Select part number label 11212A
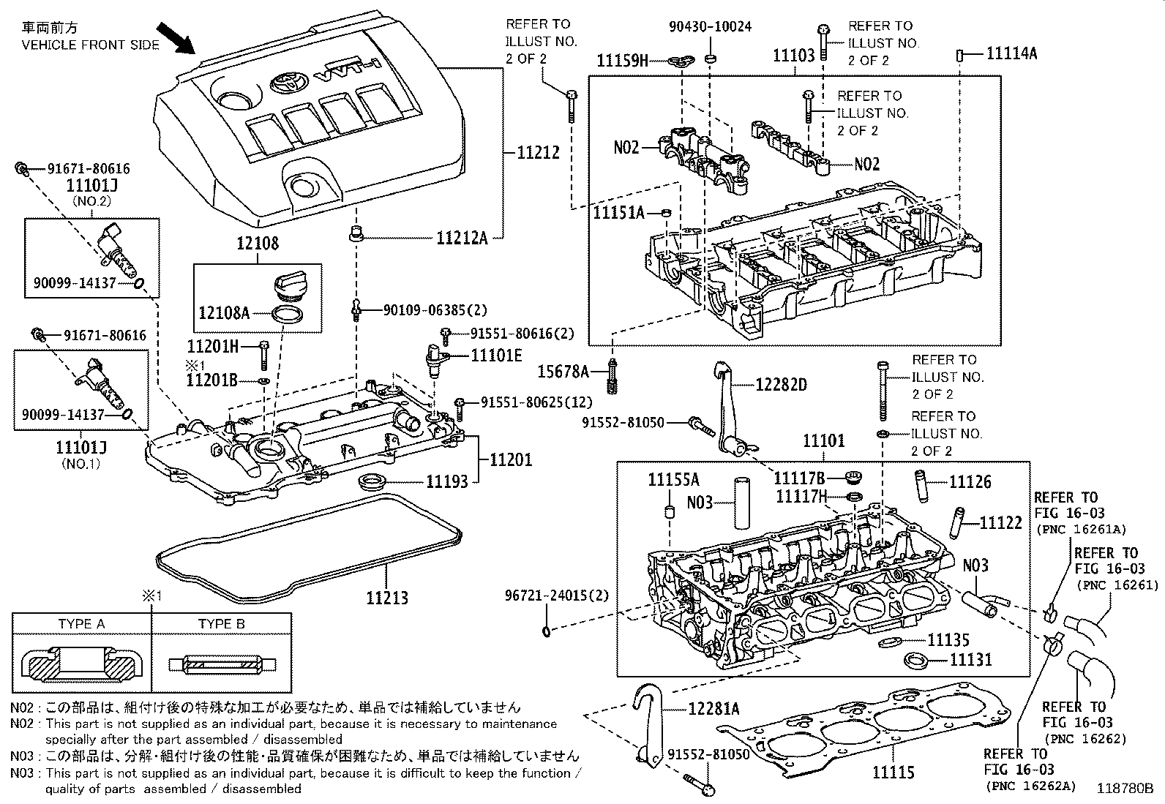click(x=462, y=238)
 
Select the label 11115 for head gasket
click(x=893, y=773)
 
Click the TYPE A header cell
click(x=81, y=624)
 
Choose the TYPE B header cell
click(x=221, y=624)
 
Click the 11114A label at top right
click(x=1011, y=53)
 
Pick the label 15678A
click(x=563, y=372)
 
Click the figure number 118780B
click(x=1125, y=789)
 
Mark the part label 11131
click(x=971, y=660)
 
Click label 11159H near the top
click(x=622, y=61)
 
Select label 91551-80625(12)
click(x=536, y=402)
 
